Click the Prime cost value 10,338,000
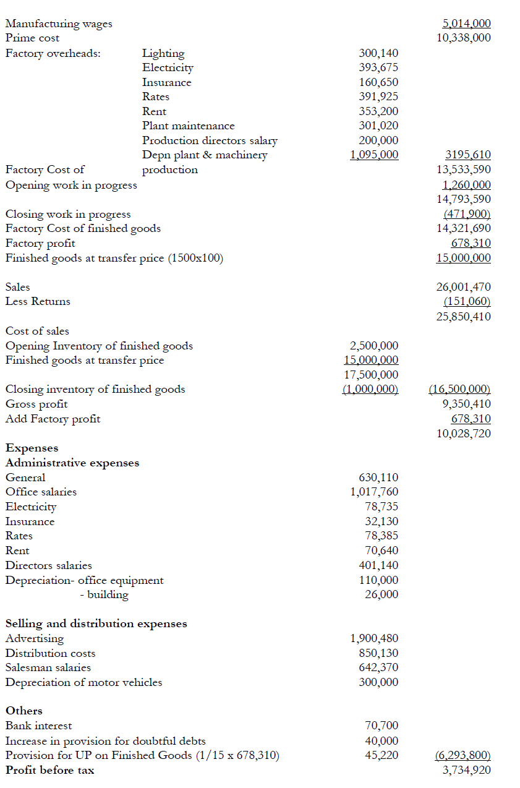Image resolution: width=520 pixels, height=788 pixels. [x=464, y=38]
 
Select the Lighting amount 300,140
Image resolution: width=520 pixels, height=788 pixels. [x=378, y=53]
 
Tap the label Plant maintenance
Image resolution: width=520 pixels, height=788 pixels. [x=188, y=126]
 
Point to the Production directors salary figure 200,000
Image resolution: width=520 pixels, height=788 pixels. [x=378, y=140]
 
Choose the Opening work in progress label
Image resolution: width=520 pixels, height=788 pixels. [x=71, y=185]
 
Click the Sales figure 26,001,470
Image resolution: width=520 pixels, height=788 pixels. [x=464, y=287]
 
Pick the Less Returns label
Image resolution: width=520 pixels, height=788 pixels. [x=38, y=302]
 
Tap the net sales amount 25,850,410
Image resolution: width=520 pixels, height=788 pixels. [x=464, y=317]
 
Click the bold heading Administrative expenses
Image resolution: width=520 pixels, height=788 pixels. [x=72, y=463]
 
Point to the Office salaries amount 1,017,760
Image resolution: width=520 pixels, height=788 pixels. [x=374, y=492]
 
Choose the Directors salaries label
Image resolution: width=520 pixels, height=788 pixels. [x=48, y=565]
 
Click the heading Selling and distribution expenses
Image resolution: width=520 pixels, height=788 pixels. [x=96, y=623]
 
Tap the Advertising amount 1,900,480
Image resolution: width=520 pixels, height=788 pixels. [x=374, y=638]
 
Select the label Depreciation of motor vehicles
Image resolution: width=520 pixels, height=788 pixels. [x=83, y=682]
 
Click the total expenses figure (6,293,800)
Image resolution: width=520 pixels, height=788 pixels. [x=459, y=755]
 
